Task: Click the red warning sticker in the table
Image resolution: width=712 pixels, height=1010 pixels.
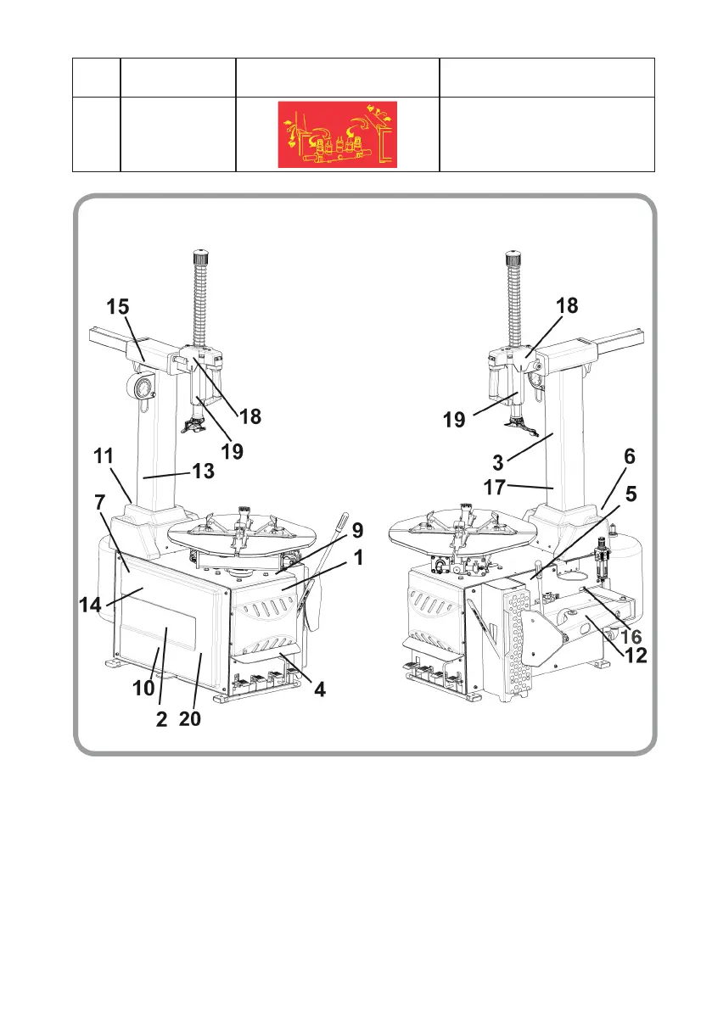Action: click(x=337, y=133)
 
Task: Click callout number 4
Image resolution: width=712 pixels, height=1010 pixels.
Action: click(x=319, y=690)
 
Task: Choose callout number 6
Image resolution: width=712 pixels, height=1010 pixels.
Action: click(x=629, y=456)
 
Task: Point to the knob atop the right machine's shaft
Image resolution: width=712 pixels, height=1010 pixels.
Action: click(x=513, y=256)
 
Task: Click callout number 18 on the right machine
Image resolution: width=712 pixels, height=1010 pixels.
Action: click(x=566, y=307)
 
